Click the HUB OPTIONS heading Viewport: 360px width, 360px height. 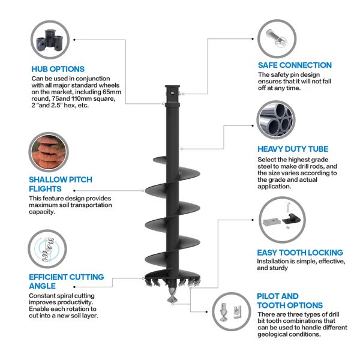(58, 69)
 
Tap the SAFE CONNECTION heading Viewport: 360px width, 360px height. (295, 65)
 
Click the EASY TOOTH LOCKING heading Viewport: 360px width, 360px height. (300, 253)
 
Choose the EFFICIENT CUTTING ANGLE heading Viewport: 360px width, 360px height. (66, 281)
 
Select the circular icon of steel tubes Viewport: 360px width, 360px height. (275, 120)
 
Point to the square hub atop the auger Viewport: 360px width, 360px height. (173, 93)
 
